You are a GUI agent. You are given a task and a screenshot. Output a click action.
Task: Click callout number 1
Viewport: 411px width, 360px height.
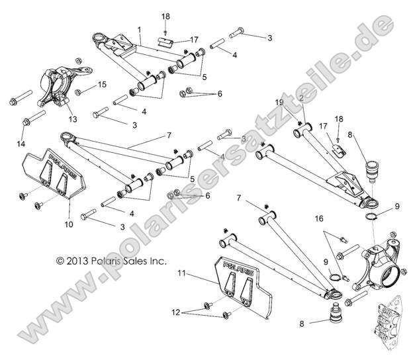(139, 30)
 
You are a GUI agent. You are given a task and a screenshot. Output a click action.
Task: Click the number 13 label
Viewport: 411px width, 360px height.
(73, 118)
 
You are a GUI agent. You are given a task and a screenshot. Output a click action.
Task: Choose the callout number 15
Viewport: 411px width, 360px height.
(102, 84)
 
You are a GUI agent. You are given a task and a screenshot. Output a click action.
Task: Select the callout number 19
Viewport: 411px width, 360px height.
(279, 103)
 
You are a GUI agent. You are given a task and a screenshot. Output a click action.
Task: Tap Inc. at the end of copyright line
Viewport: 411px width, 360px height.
(159, 261)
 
